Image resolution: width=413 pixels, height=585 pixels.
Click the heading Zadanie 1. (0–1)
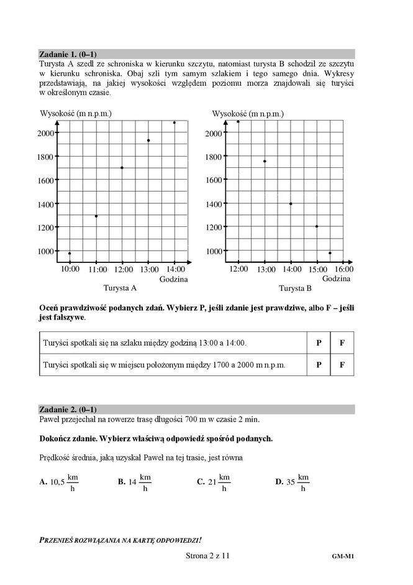[68, 54]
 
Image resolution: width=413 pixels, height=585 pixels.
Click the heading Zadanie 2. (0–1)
[68, 410]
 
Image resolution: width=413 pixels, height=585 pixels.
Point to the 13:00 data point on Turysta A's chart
[148, 140]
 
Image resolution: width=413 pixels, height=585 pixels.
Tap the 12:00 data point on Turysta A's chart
[122, 168]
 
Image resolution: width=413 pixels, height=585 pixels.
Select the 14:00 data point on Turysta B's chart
[291, 204]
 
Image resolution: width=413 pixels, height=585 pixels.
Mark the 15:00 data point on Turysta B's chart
[317, 226]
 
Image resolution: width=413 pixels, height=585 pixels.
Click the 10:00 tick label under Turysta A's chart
[70, 270]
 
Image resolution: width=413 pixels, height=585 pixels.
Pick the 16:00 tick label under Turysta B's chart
[344, 269]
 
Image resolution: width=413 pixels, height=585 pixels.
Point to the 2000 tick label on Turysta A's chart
[45, 133]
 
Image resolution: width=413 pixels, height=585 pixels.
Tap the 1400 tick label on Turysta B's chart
[214, 204]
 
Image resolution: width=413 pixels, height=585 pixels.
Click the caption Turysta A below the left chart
[120, 288]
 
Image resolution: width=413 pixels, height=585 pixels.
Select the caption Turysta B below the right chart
[295, 288]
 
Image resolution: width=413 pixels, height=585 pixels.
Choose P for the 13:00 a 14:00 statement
[319, 343]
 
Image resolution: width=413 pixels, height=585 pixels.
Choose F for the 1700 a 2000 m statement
[342, 365]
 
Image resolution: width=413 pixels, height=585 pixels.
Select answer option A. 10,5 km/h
[59, 482]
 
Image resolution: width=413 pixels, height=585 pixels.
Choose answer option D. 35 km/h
[292, 482]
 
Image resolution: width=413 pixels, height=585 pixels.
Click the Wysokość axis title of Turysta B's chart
[248, 114]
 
